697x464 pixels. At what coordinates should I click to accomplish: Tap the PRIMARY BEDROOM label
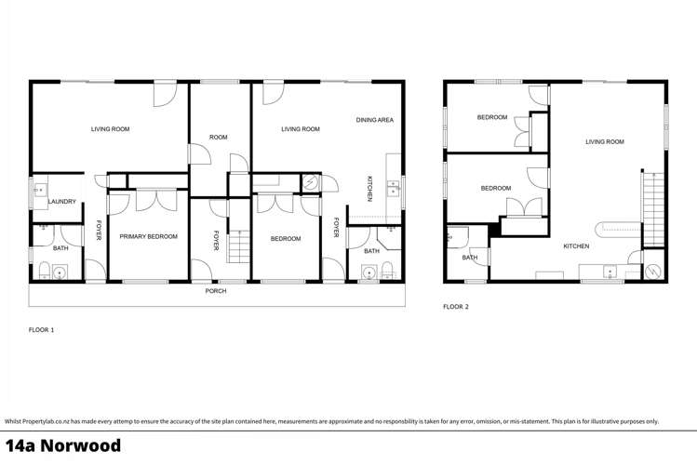tap(148, 237)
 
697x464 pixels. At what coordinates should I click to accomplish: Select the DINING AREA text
tap(375, 120)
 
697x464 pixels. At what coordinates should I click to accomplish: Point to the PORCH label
tap(216, 291)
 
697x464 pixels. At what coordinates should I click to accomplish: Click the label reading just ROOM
tap(218, 138)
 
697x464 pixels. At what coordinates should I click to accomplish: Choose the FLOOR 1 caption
tap(42, 330)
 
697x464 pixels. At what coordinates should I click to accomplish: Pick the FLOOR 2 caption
tap(456, 306)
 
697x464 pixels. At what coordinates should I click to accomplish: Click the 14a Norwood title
tap(63, 445)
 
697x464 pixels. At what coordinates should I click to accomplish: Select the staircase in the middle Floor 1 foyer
tap(239, 247)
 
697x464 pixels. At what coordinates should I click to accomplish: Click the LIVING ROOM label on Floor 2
tap(604, 142)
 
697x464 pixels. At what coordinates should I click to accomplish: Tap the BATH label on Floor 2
tap(470, 258)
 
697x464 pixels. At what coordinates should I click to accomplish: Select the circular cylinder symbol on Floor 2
tap(654, 271)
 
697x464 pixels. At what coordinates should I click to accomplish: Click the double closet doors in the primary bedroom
tap(154, 200)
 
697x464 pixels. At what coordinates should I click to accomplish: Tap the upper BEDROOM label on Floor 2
tap(492, 117)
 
